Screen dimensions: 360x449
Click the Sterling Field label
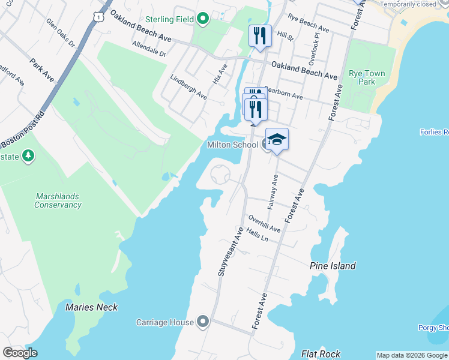tap(169, 19)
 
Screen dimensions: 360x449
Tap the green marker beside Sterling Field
tap(203, 19)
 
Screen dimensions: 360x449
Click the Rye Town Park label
tap(367, 77)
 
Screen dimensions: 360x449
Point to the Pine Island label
tap(333, 266)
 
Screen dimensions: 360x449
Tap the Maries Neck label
tap(91, 307)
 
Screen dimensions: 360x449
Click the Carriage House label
tap(164, 322)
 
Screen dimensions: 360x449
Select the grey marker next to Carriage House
tap(203, 322)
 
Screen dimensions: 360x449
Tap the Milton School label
tap(232, 145)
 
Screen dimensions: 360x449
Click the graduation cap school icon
tap(277, 139)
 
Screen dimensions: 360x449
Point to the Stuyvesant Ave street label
tap(229, 252)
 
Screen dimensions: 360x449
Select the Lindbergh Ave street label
tap(188, 88)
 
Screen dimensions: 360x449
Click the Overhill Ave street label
tap(265, 224)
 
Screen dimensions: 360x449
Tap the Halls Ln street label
tap(257, 237)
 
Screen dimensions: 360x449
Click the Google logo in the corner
tap(20, 353)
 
